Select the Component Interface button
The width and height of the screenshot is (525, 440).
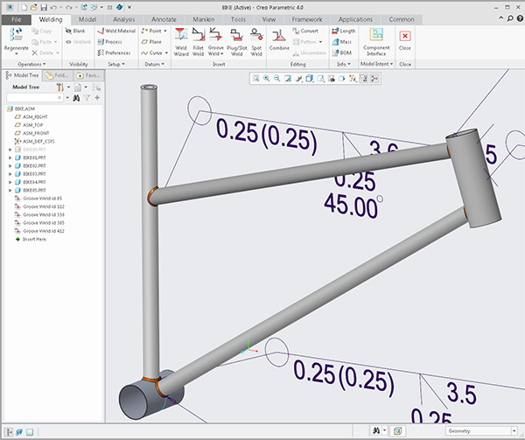point(376,41)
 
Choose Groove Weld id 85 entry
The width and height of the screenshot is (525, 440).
point(43,198)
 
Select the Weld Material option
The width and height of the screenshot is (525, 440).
point(120,31)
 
